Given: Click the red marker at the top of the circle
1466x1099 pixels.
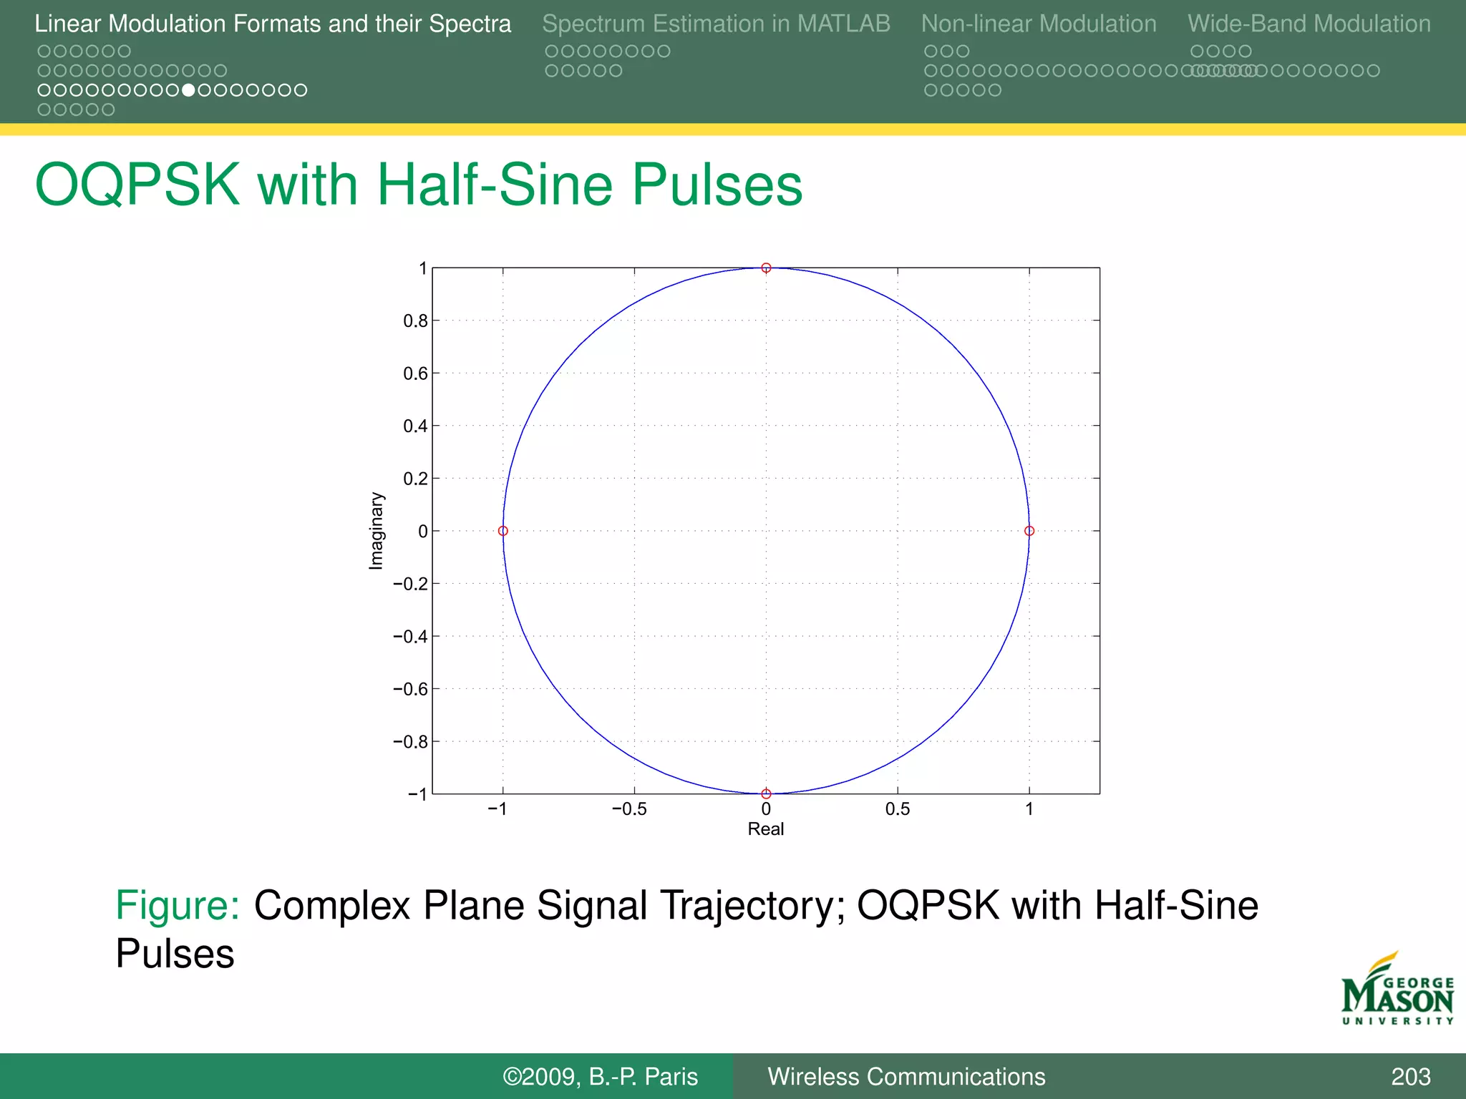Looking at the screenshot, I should (766, 268).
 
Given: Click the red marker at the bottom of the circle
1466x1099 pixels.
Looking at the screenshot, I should (766, 793).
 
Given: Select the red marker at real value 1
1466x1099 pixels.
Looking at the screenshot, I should (1029, 531).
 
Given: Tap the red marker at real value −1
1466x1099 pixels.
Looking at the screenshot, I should (503, 531).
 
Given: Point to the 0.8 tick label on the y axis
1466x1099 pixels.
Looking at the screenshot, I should (415, 321).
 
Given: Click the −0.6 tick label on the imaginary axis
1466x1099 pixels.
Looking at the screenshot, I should (411, 689).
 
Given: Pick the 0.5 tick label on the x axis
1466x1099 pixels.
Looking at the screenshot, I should (897, 809).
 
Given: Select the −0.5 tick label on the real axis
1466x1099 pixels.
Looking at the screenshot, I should (629, 809).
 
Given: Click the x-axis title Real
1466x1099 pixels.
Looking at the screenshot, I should (766, 829).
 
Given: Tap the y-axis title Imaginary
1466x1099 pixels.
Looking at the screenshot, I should (377, 531).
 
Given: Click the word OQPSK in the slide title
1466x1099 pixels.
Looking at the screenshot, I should (137, 185).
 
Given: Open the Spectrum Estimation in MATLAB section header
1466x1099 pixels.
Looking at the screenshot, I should (716, 24).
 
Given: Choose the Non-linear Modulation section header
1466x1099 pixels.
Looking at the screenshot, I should (1039, 24).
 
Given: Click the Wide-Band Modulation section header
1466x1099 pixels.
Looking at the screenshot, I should (1309, 24).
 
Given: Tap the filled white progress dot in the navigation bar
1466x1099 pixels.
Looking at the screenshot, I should (188, 90).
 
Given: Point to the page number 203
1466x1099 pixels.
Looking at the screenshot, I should (1410, 1077).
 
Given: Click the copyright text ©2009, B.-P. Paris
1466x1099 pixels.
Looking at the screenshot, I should (600, 1077).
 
